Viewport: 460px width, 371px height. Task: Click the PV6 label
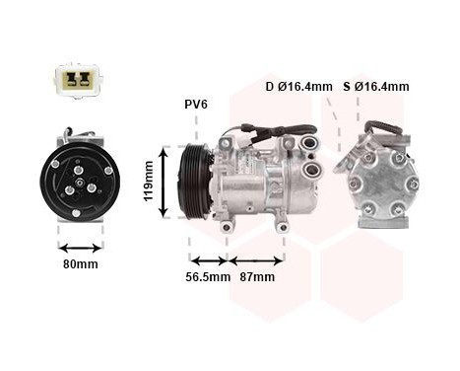click(196, 104)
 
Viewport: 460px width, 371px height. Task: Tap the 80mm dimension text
click(80, 264)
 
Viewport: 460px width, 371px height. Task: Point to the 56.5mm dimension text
click(209, 277)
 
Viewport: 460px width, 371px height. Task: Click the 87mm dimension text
click(257, 277)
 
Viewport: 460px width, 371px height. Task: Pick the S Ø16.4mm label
click(375, 87)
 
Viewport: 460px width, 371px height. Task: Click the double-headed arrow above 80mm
click(80, 247)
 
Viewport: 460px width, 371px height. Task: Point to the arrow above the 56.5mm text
click(208, 260)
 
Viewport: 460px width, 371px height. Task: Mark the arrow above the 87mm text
click(256, 260)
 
